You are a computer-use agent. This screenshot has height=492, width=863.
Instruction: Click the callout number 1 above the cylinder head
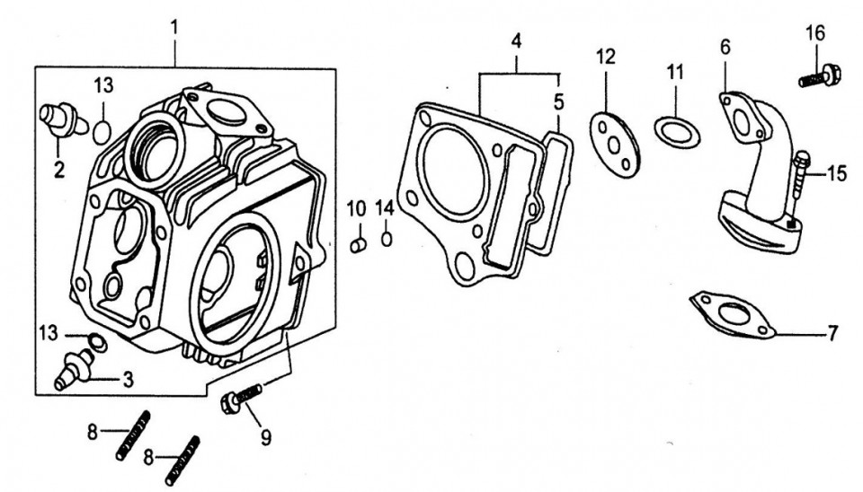[173, 28]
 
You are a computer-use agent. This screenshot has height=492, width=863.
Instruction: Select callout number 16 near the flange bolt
[814, 34]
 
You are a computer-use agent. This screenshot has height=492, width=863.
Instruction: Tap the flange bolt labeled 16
[819, 76]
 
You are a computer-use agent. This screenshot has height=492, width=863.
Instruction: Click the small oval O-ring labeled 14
[387, 239]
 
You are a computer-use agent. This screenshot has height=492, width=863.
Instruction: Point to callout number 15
[837, 173]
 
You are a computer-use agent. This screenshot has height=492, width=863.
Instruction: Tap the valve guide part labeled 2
[61, 119]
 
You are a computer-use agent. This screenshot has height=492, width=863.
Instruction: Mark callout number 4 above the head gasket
[516, 41]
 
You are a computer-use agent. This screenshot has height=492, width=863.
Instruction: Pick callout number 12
[607, 57]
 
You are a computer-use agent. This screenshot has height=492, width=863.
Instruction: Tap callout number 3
[128, 380]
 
